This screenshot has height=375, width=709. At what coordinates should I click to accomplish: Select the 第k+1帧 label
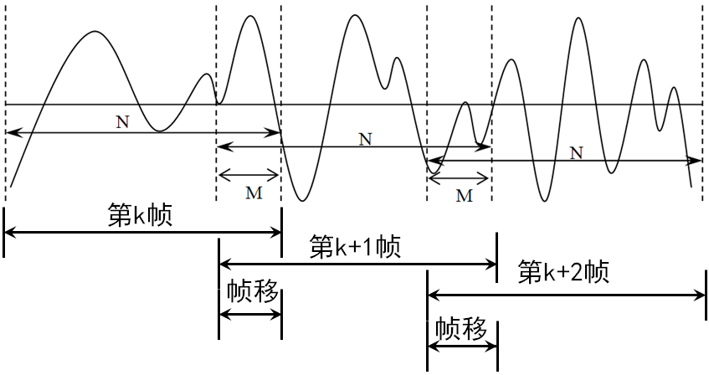[355, 247]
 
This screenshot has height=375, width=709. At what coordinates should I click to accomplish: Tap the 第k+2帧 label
[563, 273]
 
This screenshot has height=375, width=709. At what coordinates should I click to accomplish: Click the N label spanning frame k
[122, 121]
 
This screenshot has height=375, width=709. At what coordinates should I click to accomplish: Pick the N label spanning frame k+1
[365, 139]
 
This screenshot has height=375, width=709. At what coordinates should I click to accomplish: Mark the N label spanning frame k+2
[575, 152]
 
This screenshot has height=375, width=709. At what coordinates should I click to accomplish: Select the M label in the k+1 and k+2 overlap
[464, 196]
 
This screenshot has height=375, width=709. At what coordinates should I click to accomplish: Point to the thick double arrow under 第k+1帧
[357, 264]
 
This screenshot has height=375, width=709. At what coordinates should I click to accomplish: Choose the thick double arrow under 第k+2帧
[566, 294]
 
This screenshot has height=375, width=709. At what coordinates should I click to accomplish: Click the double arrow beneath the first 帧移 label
[249, 315]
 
